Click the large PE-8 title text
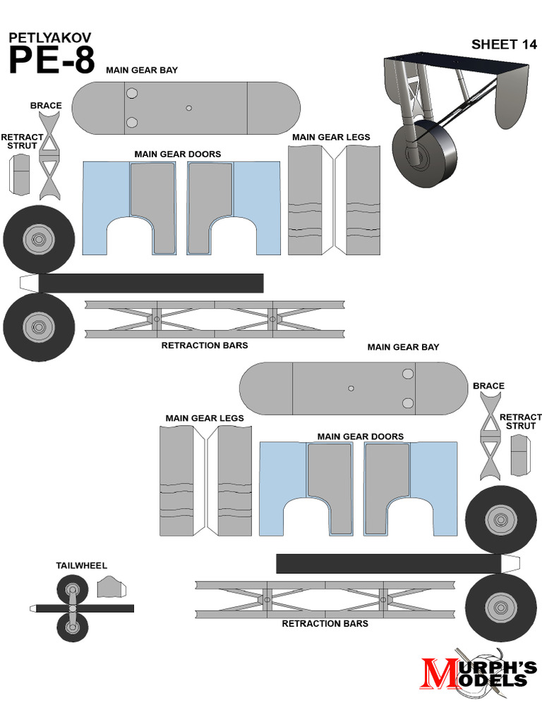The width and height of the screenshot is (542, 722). (x=51, y=60)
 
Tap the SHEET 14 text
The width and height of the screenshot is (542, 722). (x=504, y=44)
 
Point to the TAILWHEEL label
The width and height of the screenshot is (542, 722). (x=81, y=565)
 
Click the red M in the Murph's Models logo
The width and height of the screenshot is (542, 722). (x=439, y=673)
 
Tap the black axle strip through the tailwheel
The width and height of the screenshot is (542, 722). (x=106, y=608)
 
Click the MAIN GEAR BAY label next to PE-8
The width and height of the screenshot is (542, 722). (x=142, y=71)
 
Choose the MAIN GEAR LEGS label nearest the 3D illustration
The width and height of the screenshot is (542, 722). (x=331, y=137)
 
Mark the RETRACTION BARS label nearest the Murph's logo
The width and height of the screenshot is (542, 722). (x=325, y=624)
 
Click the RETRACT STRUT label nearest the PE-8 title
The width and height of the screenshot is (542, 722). (x=22, y=141)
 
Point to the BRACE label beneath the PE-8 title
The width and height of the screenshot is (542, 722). (x=46, y=106)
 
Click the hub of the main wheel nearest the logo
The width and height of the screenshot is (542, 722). (x=500, y=608)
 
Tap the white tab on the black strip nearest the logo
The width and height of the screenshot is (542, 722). (x=510, y=563)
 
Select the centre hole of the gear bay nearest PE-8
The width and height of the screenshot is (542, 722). (x=188, y=108)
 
